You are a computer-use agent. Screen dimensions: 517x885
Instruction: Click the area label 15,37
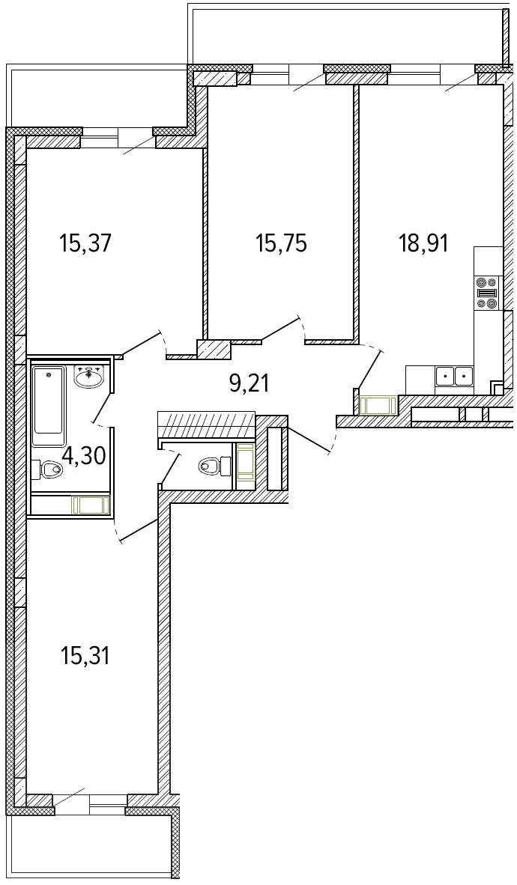(x=86, y=244)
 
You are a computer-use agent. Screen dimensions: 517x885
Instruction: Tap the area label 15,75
(x=281, y=244)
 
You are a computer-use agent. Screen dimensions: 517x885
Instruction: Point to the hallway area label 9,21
(x=249, y=384)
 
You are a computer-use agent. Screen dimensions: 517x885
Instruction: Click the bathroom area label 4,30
(x=84, y=455)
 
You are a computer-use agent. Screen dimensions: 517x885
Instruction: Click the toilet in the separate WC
(x=215, y=466)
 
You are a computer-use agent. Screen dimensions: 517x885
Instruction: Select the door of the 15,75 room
(x=281, y=329)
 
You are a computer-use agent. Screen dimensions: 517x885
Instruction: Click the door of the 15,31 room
(x=138, y=531)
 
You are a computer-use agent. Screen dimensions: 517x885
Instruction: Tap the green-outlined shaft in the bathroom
(x=90, y=505)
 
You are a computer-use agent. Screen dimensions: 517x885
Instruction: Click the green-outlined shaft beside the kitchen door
(x=378, y=404)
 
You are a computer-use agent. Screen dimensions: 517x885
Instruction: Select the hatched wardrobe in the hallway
(x=206, y=425)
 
